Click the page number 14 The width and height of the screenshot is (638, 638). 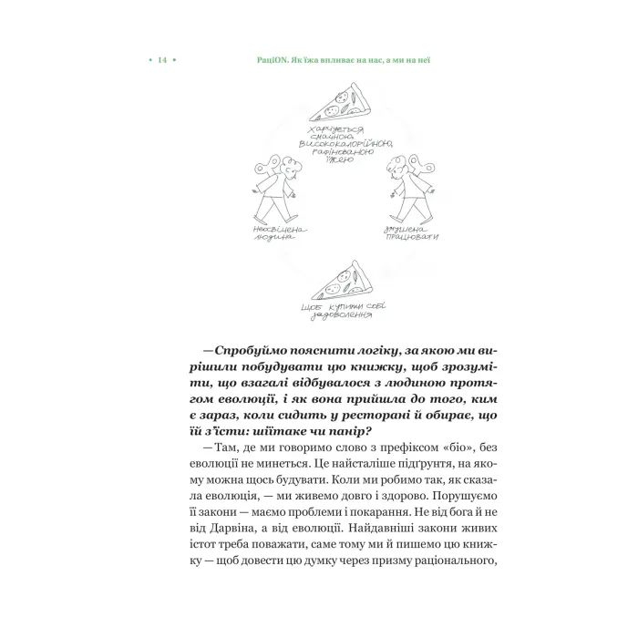click(x=161, y=60)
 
